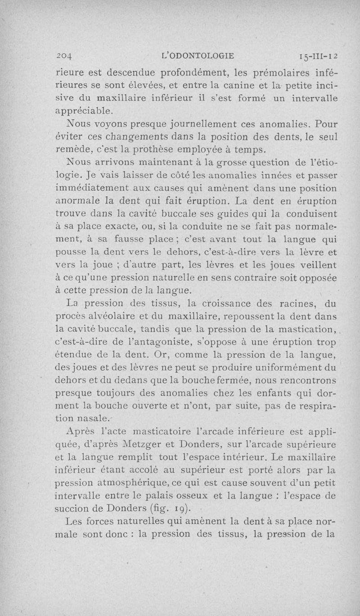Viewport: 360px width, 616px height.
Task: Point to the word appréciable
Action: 84,109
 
